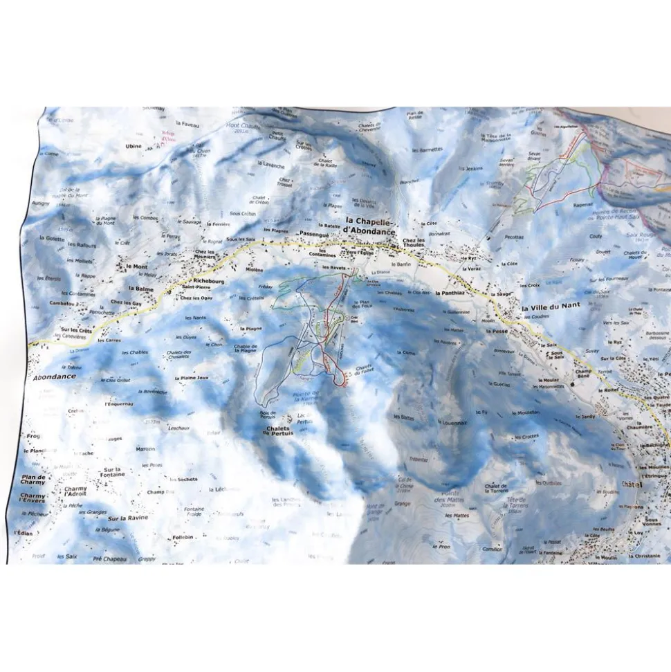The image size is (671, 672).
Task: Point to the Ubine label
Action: click(x=134, y=146)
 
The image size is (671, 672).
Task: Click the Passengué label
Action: click(x=315, y=235)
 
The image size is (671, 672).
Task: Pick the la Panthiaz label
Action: click(x=450, y=293)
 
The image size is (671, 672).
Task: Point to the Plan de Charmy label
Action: click(x=33, y=480)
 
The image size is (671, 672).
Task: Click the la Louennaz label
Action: click(x=452, y=420)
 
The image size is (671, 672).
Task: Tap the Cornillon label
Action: click(x=493, y=549)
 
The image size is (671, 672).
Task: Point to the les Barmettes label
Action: click(x=427, y=149)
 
